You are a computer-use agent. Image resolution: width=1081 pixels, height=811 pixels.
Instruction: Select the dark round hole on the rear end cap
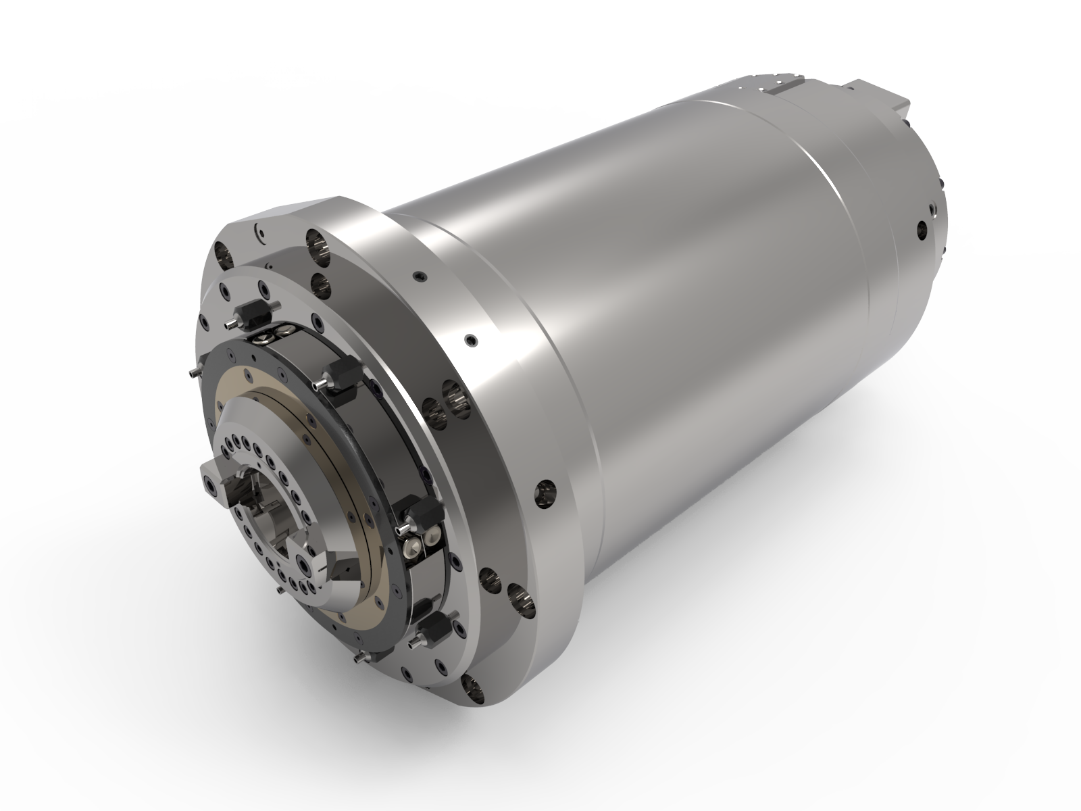tap(923, 230)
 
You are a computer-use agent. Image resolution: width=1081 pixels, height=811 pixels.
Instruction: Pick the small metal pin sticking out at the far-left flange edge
tap(193, 372)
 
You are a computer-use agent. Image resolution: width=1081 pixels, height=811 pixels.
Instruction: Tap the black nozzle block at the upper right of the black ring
tap(341, 374)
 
